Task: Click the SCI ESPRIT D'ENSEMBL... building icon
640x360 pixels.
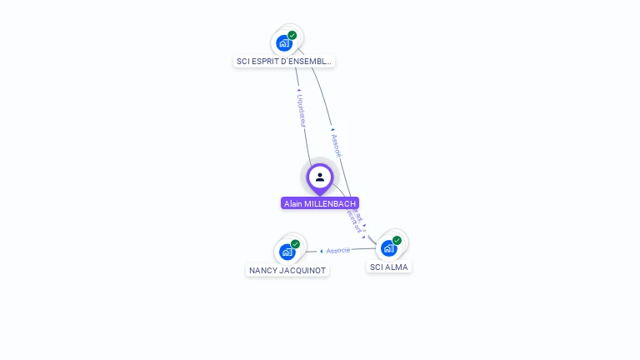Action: coord(284,42)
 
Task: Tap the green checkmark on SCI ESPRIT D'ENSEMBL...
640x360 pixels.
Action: coord(292,35)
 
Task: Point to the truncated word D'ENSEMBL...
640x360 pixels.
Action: coord(309,62)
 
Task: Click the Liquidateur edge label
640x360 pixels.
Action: coord(302,112)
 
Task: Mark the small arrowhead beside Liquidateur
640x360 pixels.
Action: coord(298,89)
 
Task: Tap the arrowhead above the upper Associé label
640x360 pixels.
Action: coord(332,130)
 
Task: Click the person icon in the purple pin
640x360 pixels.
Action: coord(320,177)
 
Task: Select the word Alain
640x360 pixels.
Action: coord(293,203)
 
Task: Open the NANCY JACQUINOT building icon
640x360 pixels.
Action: coord(287,252)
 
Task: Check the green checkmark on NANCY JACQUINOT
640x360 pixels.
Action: coord(296,244)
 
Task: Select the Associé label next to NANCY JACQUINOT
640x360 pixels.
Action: coord(338,250)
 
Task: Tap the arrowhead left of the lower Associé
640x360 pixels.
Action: coord(322,251)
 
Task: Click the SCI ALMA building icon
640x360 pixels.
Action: coord(389,248)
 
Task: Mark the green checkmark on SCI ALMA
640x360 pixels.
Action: coord(397,240)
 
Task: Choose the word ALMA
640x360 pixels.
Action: coord(397,267)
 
